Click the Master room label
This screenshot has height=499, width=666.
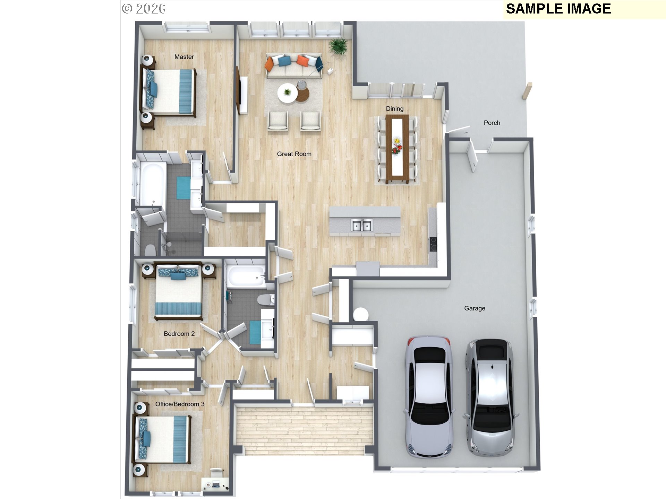pos(184,57)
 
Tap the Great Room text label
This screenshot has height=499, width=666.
pos(294,154)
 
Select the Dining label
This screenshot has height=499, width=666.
pos(395,109)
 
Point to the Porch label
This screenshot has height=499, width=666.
pos(492,123)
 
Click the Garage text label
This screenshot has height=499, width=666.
pos(475,308)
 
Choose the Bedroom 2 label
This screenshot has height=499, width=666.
pos(179,334)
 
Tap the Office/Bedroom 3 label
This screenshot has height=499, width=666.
pos(180,404)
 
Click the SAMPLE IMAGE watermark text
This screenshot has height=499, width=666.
pos(558,9)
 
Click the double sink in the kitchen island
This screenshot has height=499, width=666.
pos(362,225)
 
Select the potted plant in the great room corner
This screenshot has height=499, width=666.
pos(338,46)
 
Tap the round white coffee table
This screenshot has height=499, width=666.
pos(287,94)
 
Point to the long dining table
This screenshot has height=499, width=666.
pos(397,149)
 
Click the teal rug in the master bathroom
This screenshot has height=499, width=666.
pos(183,188)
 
